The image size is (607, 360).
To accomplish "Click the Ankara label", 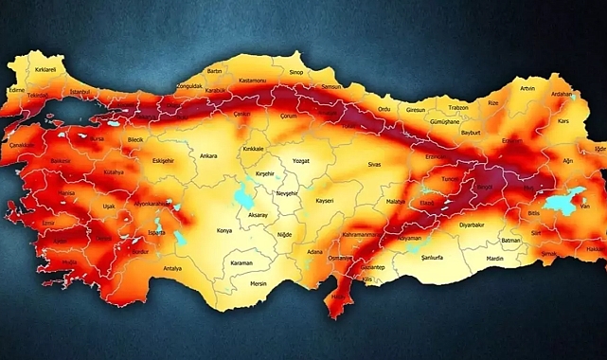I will [209, 156].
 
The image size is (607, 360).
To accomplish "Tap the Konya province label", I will [224, 230].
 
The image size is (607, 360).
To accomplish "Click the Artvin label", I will [527, 88].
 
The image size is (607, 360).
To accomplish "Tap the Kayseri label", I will [325, 202].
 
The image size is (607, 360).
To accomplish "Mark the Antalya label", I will [171, 268].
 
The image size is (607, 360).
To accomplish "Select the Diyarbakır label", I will [471, 226].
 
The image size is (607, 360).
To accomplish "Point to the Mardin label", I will [494, 258].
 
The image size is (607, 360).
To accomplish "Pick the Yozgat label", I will [301, 162].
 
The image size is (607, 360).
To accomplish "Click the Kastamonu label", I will [253, 81].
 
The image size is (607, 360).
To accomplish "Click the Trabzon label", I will [458, 108].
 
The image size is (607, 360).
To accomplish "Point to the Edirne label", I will [16, 90].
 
